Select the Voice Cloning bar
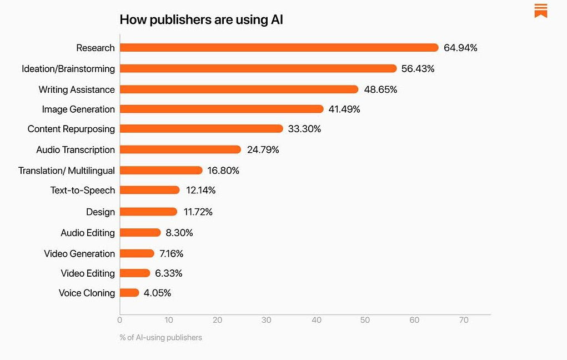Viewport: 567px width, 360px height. [129, 293]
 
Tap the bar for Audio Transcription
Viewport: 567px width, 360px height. [180, 149]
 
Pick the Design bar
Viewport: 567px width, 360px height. [148, 212]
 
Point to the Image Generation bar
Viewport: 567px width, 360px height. [222, 109]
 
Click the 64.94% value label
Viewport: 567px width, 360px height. [460, 48]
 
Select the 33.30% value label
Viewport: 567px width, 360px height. [304, 129]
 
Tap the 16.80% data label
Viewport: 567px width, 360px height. [223, 171]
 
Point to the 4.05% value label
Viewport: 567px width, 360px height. [157, 293]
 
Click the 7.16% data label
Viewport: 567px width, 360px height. [171, 253]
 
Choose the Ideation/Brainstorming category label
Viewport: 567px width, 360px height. [68, 69]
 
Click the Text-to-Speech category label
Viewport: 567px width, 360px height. [83, 190]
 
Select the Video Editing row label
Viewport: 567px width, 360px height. [88, 273]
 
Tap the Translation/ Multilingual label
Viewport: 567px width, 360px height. [67, 171]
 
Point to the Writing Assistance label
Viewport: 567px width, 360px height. [77, 89]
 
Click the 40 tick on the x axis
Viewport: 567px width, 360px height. [317, 320]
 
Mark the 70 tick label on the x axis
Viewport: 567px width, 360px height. [464, 320]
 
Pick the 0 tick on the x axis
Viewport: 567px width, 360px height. [120, 320]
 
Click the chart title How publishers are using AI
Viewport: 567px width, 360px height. [202, 20]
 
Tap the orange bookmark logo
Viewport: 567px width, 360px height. [541, 11]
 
